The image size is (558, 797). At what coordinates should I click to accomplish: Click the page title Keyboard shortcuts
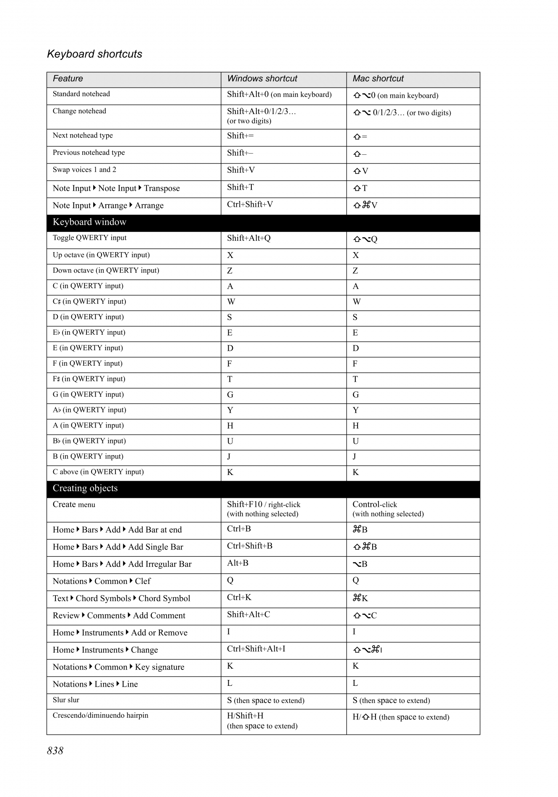pyautogui.click(x=94, y=54)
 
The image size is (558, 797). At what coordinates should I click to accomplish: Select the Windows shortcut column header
pyautogui.click(x=262, y=78)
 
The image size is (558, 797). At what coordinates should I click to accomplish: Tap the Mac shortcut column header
pyautogui.click(x=378, y=78)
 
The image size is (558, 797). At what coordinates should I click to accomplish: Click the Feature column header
pyautogui.click(x=68, y=78)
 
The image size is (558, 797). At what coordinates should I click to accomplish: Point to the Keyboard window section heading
pyautogui.click(x=89, y=222)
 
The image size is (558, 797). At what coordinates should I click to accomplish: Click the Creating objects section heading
pyautogui.click(x=85, y=488)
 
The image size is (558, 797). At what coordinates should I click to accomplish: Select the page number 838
pyautogui.click(x=55, y=750)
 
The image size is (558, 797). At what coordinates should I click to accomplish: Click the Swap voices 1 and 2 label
pyautogui.click(x=84, y=169)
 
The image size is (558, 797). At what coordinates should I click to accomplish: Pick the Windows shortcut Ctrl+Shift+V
pyautogui.click(x=250, y=204)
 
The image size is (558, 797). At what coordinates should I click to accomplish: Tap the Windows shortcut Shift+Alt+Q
pyautogui.click(x=248, y=238)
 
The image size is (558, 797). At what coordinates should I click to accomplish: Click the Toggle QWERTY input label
pyautogui.click(x=89, y=238)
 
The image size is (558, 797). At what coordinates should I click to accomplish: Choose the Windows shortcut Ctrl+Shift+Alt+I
pyautogui.click(x=256, y=649)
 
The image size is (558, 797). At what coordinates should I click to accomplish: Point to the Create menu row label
pyautogui.click(x=74, y=504)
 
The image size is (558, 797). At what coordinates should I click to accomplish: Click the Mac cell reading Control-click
pyautogui.click(x=374, y=504)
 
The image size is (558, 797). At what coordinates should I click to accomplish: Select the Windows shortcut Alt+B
pyautogui.click(x=237, y=563)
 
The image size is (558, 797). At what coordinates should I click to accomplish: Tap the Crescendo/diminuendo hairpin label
pyautogui.click(x=100, y=715)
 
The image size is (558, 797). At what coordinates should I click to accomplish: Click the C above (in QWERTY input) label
pyautogui.click(x=98, y=472)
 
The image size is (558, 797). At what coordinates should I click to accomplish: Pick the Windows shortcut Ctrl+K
pyautogui.click(x=239, y=597)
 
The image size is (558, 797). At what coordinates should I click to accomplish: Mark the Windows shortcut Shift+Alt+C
pyautogui.click(x=248, y=615)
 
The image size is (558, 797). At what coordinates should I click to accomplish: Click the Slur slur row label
pyautogui.click(x=66, y=700)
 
